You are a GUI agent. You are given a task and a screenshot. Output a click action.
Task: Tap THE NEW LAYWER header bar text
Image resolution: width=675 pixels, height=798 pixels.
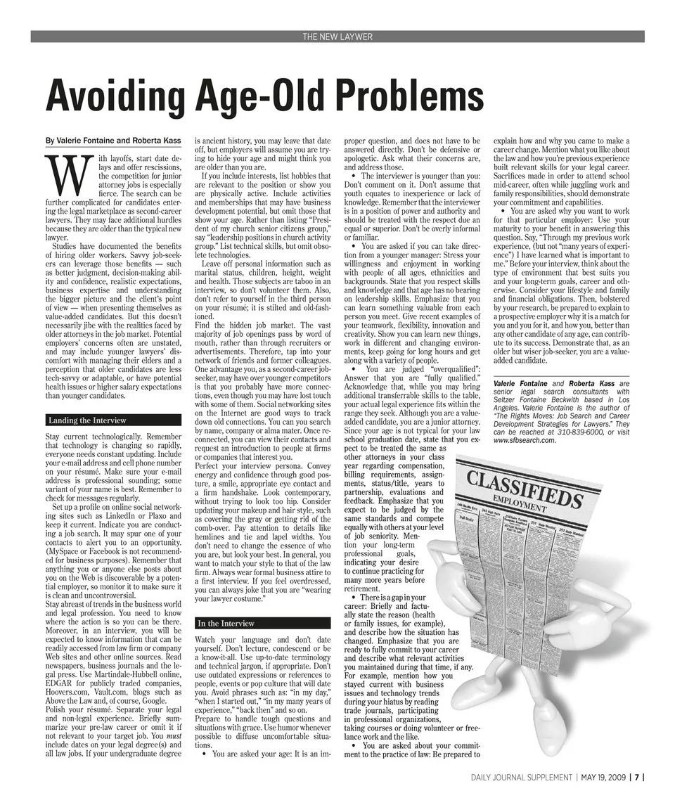[x=337, y=37]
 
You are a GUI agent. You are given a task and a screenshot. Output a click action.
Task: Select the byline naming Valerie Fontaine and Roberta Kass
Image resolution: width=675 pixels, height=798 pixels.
[x=113, y=141]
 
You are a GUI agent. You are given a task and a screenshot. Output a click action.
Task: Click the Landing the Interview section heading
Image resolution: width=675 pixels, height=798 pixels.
[x=87, y=420]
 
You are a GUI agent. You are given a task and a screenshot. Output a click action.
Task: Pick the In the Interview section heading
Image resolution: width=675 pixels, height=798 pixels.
[x=226, y=623]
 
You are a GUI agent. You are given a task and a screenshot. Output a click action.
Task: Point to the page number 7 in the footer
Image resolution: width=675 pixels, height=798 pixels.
[x=636, y=778]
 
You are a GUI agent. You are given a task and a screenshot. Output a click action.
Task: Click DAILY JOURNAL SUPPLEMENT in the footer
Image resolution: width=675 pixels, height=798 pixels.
[x=522, y=778]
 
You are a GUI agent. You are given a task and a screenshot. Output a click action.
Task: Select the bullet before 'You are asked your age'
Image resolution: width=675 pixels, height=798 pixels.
[x=204, y=754]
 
